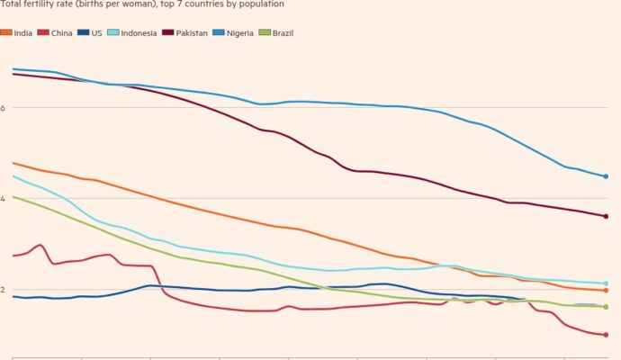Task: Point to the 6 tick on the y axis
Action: [4, 108]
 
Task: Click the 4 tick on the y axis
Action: [4, 199]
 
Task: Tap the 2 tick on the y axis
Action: [4, 290]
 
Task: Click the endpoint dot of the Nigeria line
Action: [606, 176]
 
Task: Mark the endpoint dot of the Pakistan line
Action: [606, 216]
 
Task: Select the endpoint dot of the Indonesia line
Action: [606, 283]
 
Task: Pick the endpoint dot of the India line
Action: [606, 291]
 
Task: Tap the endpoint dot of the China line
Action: [606, 335]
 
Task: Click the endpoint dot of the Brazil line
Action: [606, 307]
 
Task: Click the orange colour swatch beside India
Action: [6, 32]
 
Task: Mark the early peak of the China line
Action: [40, 245]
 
